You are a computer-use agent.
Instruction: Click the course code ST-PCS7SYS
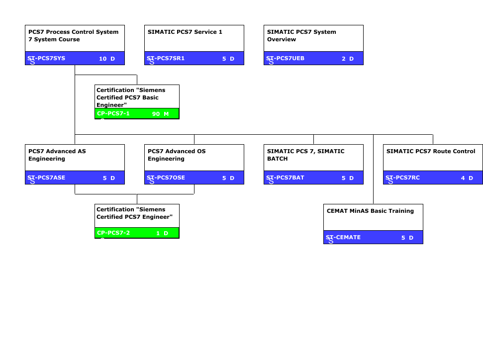46,59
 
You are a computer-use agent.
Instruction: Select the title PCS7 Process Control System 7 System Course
73,35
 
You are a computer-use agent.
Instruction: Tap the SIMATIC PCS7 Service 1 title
185,32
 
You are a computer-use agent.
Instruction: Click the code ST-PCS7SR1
166,59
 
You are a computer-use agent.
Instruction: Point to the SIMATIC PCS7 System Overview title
301,35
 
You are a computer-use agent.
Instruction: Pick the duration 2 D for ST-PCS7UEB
348,59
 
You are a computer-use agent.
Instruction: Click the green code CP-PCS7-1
113,114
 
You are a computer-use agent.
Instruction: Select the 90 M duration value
160,114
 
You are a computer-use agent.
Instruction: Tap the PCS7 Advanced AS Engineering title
57,155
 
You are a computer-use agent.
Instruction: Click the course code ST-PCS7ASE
46,178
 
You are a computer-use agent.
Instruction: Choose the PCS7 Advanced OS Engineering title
177,155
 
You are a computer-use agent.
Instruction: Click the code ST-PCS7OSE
166,178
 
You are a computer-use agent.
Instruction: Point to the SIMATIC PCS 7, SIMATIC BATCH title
305,155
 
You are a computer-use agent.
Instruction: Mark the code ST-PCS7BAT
285,178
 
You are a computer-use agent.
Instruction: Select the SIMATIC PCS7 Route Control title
431,151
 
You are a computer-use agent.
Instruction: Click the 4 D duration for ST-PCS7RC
467,178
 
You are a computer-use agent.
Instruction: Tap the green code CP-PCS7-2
113,233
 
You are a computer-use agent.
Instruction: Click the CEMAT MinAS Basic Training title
370,211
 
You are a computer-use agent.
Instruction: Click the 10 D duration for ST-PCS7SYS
107,59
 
